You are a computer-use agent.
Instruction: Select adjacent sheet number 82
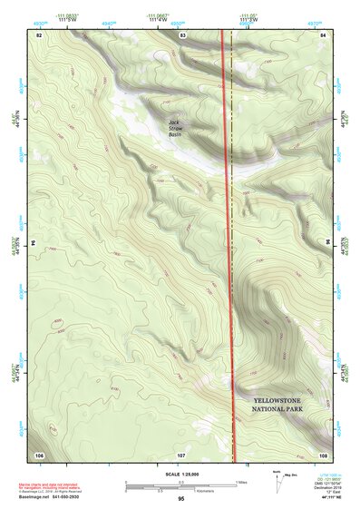click(39, 34)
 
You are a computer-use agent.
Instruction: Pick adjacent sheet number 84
click(324, 34)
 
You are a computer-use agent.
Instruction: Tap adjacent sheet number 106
click(39, 454)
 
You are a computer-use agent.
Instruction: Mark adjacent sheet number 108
click(323, 454)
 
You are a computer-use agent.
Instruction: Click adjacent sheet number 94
click(33, 243)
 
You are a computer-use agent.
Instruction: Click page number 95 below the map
click(181, 499)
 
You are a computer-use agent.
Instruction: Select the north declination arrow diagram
click(278, 484)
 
